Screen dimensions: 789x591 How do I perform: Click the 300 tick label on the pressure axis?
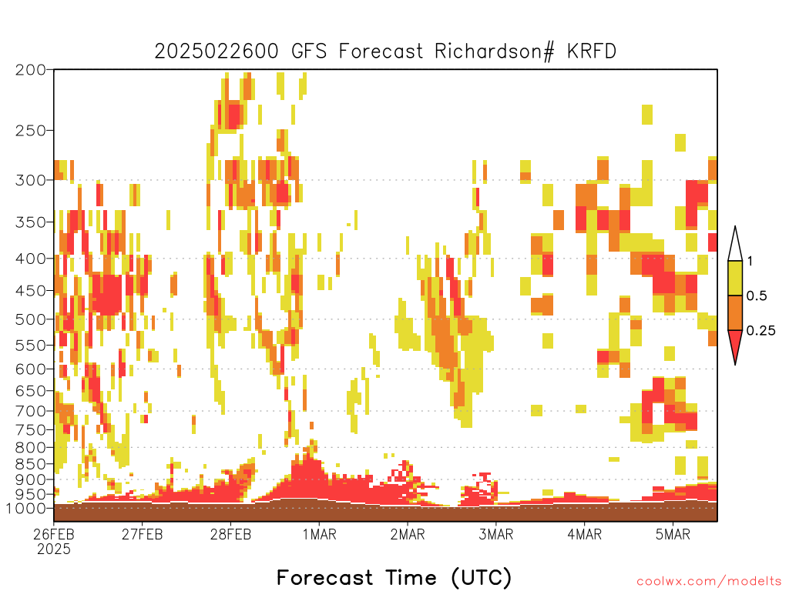pos(30,180)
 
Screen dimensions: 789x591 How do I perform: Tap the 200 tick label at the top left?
pos(30,70)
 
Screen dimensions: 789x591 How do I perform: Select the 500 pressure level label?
pos(30,319)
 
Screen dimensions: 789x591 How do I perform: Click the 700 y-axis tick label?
pos(30,411)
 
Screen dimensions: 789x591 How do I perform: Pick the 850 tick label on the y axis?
pos(30,464)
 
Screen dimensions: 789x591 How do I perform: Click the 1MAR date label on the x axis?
pos(320,534)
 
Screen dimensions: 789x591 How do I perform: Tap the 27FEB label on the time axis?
pos(143,534)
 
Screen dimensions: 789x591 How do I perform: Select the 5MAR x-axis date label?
pos(673,534)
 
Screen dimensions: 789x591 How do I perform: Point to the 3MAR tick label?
pos(495,534)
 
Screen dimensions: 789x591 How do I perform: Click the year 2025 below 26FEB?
pos(54,549)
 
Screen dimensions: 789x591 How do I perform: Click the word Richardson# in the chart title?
pos(495,52)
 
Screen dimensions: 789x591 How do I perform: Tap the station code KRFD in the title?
pos(592,52)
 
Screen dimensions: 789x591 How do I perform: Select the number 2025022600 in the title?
pos(217,52)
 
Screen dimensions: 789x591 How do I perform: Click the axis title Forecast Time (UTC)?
pos(394,577)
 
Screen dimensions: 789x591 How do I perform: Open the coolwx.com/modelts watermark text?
pos(709,582)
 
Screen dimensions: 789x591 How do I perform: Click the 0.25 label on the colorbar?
pos(760,330)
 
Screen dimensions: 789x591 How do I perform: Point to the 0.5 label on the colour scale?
pos(757,295)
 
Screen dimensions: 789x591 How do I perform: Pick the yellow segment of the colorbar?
pos(735,278)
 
